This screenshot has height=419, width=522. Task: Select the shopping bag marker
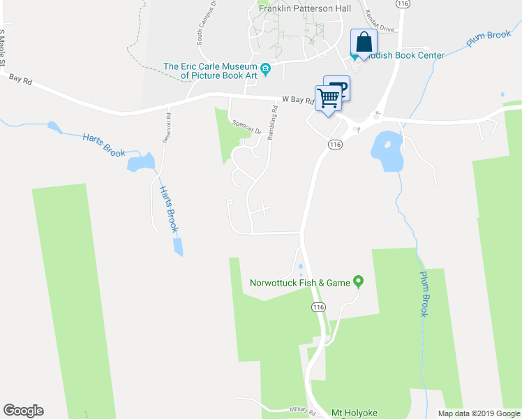[363, 42]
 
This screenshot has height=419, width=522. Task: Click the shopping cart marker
[328, 98]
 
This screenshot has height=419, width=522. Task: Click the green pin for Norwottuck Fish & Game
[359, 282]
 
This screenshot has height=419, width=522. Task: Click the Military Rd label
[302, 411]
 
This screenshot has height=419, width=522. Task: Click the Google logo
[23, 411]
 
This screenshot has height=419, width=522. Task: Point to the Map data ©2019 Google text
[478, 413]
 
